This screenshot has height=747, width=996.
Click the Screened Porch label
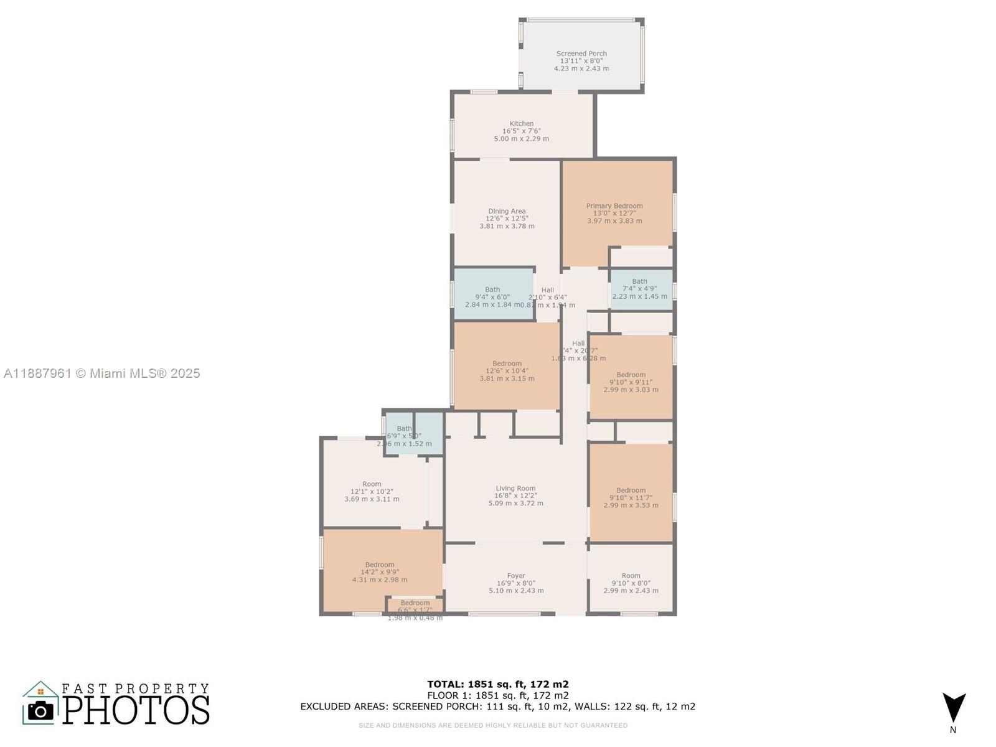581,54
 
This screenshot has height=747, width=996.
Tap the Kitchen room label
521,124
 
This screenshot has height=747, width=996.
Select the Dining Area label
507,212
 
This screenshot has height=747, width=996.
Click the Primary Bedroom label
614,206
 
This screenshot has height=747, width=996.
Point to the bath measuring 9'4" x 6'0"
492,290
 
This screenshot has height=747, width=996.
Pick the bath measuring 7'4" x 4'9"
639,282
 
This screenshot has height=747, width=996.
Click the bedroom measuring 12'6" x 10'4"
507,364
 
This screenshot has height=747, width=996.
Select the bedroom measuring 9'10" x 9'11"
631,375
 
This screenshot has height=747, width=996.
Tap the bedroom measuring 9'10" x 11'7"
631,491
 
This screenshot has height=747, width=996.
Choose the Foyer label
516,576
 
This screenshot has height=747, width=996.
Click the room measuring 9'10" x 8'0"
631,576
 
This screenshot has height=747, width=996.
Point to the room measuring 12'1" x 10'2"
372,484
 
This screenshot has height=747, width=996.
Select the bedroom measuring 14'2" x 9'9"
380,565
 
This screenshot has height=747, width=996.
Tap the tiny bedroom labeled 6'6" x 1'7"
415,603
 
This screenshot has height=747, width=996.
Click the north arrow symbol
953,708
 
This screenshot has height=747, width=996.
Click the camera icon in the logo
40,710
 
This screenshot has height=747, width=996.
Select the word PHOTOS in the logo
136,710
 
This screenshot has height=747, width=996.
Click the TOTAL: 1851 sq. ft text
497,684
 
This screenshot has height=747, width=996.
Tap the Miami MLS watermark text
102,374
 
